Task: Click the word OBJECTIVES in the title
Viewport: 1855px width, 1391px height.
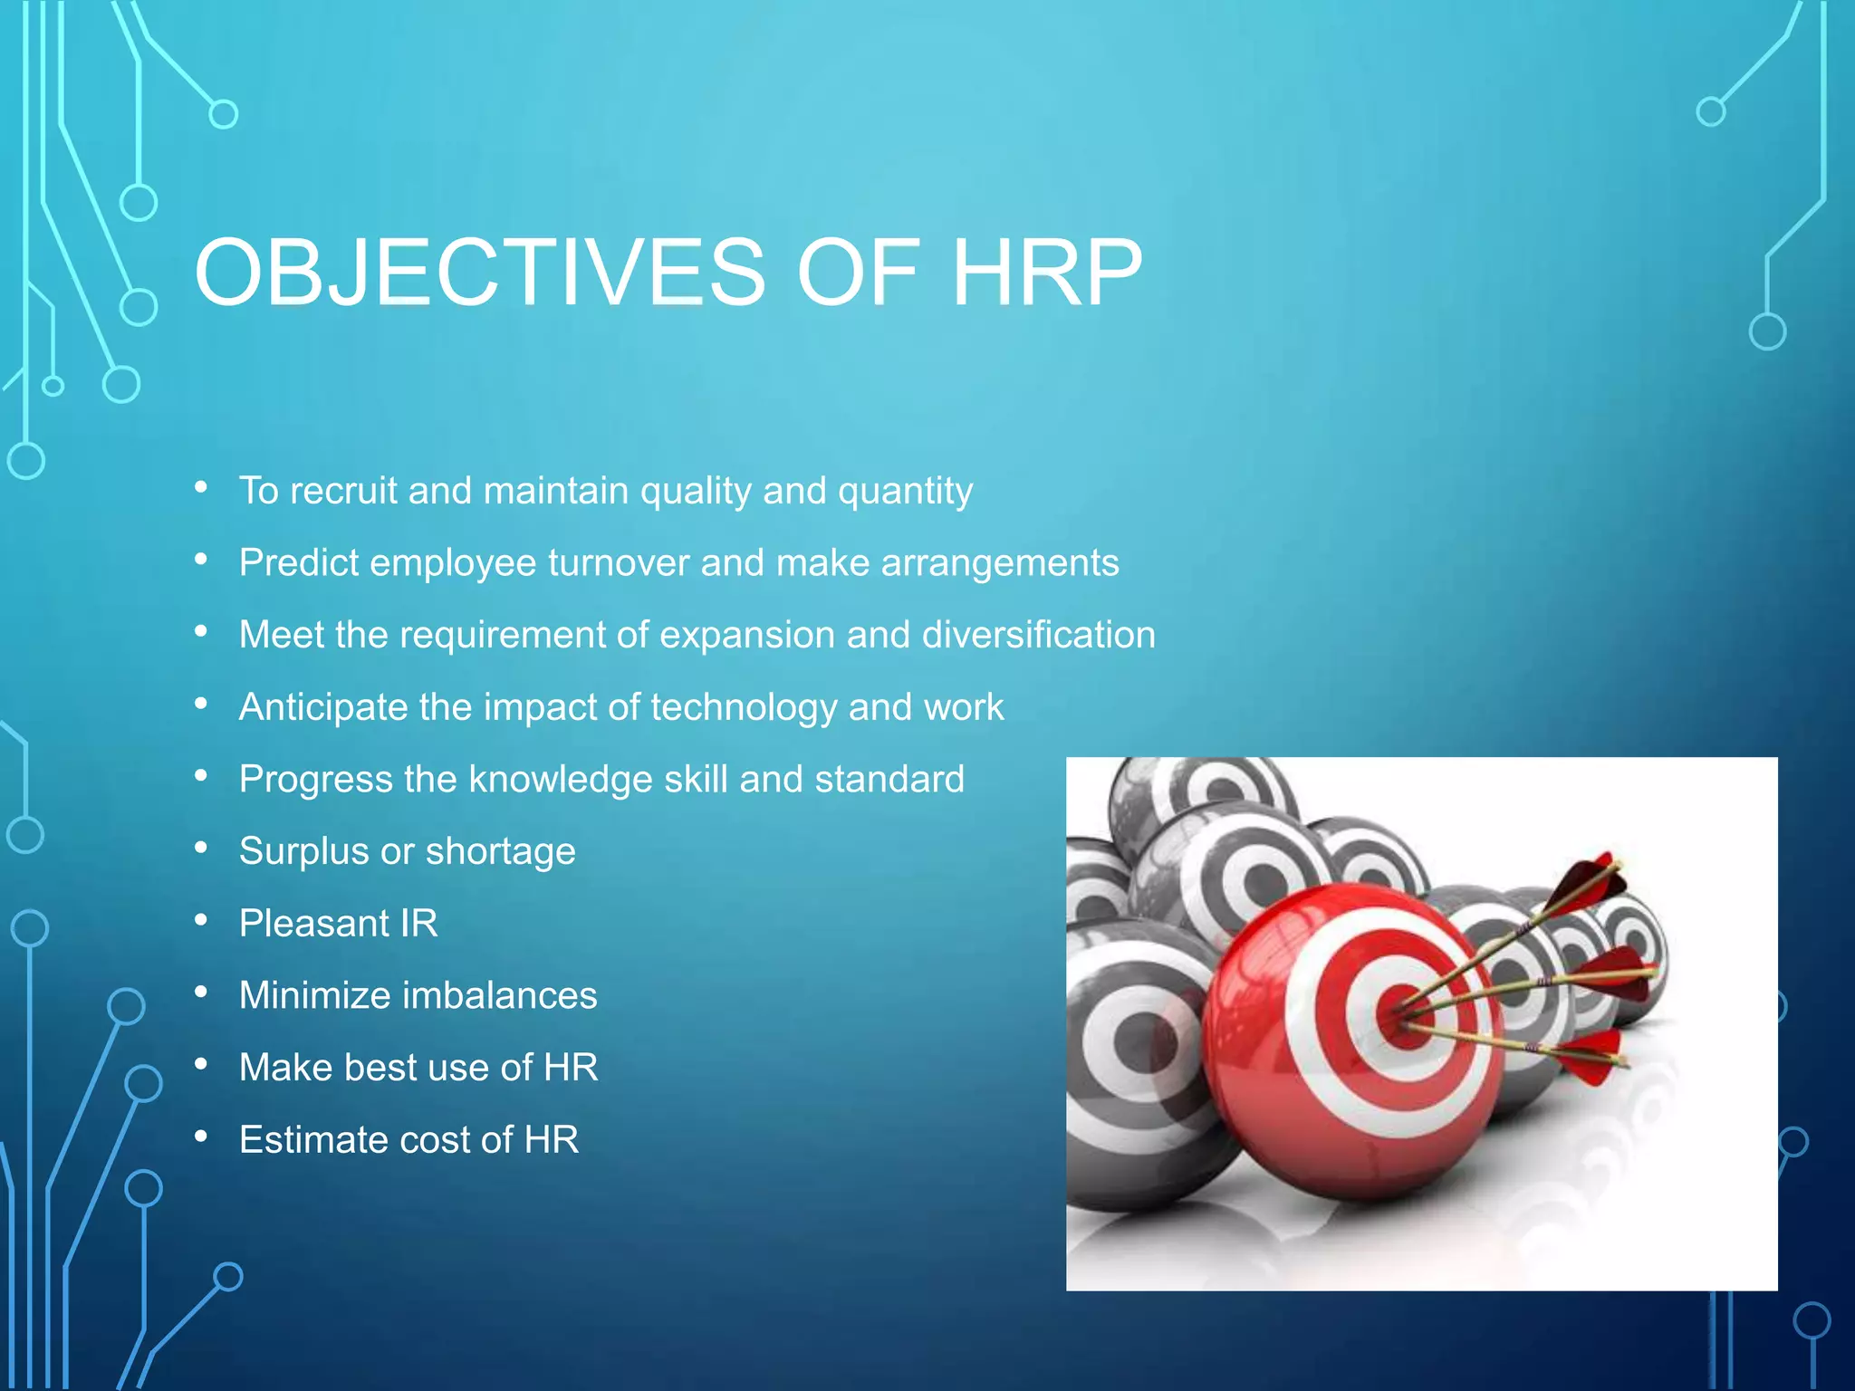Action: click(x=480, y=273)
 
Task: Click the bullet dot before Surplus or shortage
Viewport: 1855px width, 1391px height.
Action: click(x=201, y=849)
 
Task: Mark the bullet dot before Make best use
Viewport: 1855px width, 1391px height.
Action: click(x=201, y=1065)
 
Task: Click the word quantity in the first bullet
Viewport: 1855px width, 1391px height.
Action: click(x=905, y=491)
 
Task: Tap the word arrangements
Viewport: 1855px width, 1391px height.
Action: click(x=1000, y=563)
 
